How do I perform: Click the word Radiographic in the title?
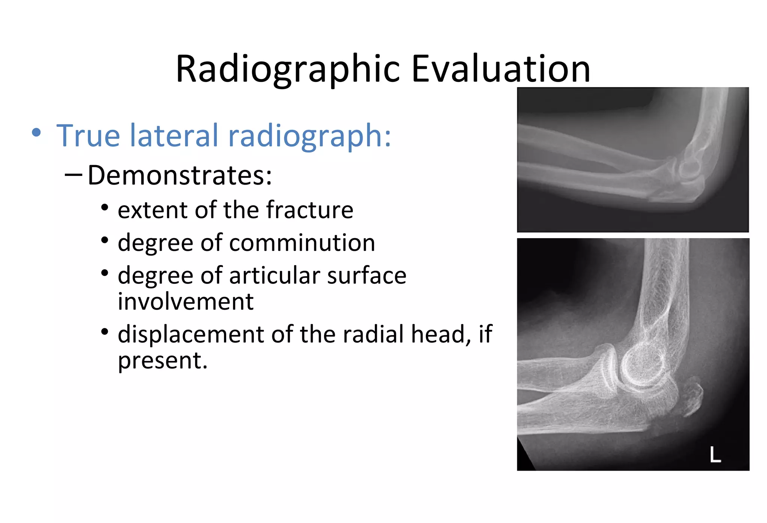click(288, 69)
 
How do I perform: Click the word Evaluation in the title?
click(501, 69)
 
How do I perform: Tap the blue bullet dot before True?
click(36, 133)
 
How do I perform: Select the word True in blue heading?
click(88, 136)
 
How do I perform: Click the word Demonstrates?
click(180, 175)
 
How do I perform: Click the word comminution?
click(302, 243)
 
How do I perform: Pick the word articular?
click(274, 276)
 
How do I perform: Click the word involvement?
click(186, 301)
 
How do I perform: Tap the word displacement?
click(191, 334)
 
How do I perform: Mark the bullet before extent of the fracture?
click(105, 207)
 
